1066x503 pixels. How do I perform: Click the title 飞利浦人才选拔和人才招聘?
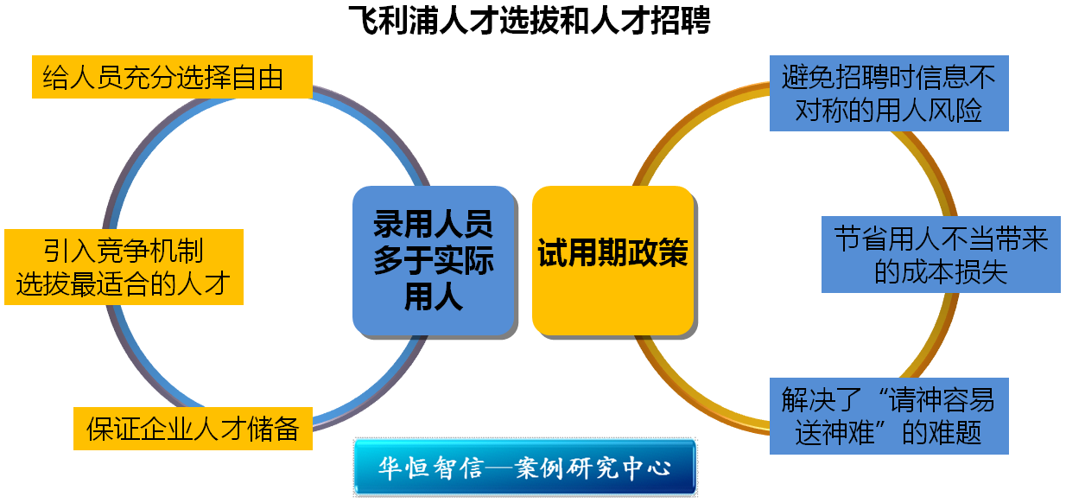(x=530, y=20)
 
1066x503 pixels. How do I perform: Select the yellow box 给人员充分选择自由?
(x=172, y=77)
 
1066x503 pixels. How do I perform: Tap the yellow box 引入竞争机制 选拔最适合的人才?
(x=124, y=267)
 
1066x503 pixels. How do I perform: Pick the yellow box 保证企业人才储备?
(x=193, y=428)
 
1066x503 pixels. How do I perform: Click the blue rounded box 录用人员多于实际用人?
(x=434, y=261)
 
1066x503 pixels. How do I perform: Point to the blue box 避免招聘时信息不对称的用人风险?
(x=889, y=93)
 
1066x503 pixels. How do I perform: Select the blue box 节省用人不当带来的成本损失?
(x=941, y=254)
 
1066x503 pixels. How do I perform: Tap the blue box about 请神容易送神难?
(x=889, y=416)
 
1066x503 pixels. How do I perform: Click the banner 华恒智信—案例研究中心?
(x=525, y=467)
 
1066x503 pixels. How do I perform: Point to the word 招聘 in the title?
(x=681, y=20)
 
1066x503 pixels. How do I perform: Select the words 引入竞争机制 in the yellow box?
(x=124, y=251)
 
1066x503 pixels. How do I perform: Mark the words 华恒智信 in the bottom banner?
(x=431, y=468)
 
